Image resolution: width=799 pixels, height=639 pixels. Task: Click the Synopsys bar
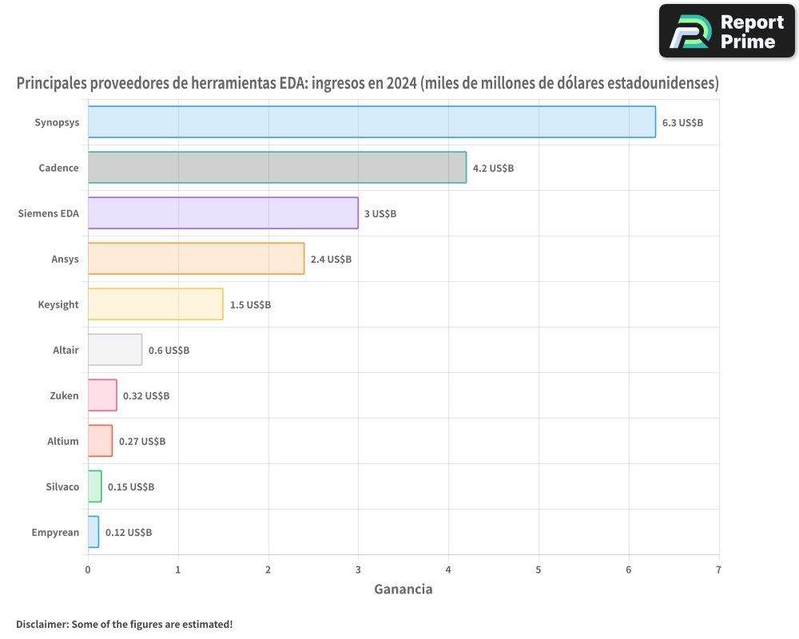(372, 122)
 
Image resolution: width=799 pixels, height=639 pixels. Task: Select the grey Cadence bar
(276, 168)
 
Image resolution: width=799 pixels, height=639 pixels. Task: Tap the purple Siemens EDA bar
(223, 213)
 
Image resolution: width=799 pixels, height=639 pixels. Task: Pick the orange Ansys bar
(196, 259)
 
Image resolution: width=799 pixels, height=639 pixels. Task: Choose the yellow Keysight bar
(155, 304)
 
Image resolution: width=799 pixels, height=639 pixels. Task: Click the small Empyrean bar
(93, 532)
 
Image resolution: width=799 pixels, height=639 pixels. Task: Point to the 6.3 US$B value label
(682, 122)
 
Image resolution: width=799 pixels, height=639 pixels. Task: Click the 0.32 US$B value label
(146, 395)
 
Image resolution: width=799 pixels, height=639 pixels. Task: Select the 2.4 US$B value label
(331, 259)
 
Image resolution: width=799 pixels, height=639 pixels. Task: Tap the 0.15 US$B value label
(131, 486)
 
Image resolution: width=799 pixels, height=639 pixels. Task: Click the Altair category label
(66, 350)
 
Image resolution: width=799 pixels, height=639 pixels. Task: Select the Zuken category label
(64, 395)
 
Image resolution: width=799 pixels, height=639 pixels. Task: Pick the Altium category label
(63, 441)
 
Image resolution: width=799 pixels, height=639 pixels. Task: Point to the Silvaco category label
(62, 486)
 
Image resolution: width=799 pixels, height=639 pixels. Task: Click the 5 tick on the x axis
(539, 570)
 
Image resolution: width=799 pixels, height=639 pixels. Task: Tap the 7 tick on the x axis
(718, 570)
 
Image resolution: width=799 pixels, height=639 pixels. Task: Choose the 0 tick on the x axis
(88, 570)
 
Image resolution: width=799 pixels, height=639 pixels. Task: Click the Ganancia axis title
(403, 589)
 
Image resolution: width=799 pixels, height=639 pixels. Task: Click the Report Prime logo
(726, 31)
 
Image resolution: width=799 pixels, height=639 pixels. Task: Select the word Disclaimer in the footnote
(41, 624)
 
